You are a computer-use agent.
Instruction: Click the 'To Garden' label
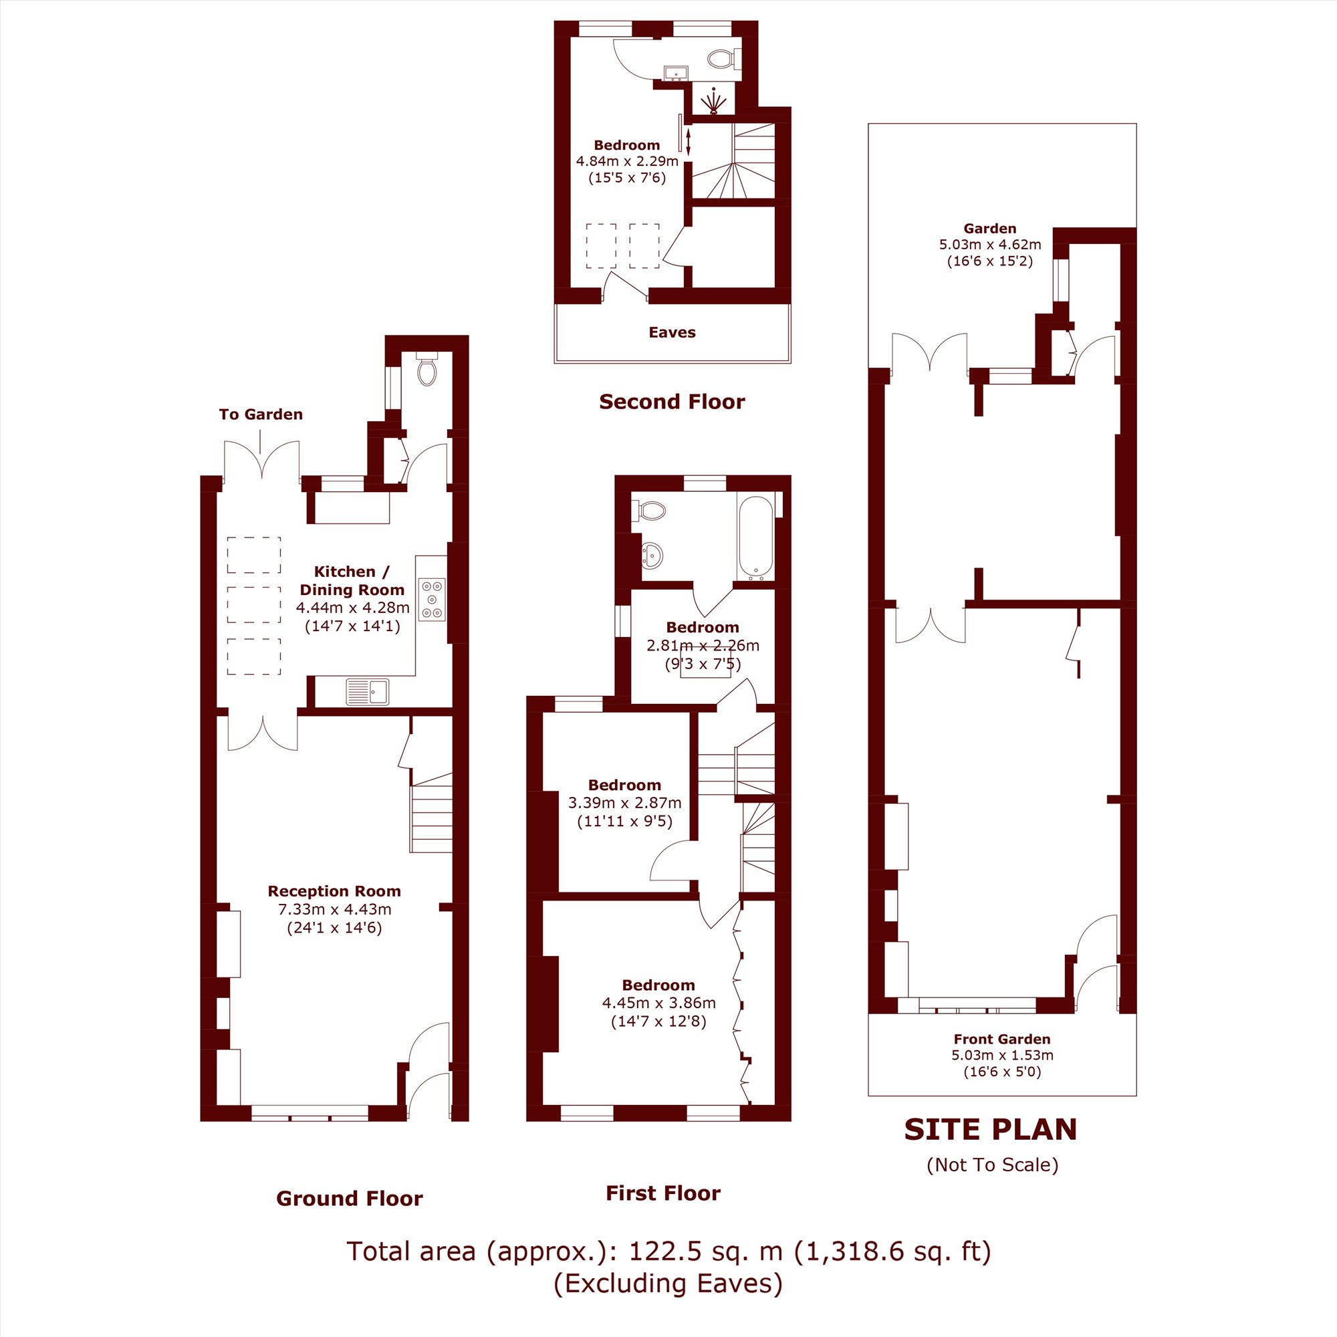(261, 414)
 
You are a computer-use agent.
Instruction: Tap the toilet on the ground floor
(428, 369)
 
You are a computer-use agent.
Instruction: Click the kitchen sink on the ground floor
(368, 691)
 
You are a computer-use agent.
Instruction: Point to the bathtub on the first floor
(755, 537)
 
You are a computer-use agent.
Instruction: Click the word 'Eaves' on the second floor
(672, 332)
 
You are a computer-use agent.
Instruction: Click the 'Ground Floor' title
(350, 1199)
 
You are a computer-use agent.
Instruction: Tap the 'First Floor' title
(663, 1193)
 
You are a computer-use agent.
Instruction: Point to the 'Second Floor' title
(672, 402)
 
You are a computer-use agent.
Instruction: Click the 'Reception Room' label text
(334, 891)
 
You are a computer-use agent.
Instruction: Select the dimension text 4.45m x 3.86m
(659, 1003)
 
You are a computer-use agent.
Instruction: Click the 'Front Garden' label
(1002, 1039)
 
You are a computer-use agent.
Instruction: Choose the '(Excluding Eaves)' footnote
(668, 1283)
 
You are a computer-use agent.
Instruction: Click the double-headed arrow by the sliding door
(688, 141)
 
